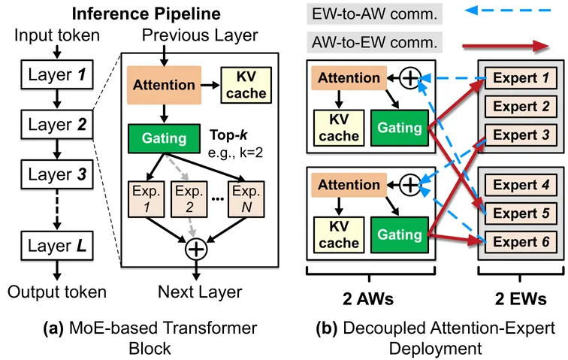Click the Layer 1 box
pos(56,77)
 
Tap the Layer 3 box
pos(56,175)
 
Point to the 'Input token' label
pos(55,36)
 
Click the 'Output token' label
pos(56,292)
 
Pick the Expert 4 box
pos(519,183)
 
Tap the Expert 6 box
pos(519,241)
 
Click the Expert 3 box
pos(519,135)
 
